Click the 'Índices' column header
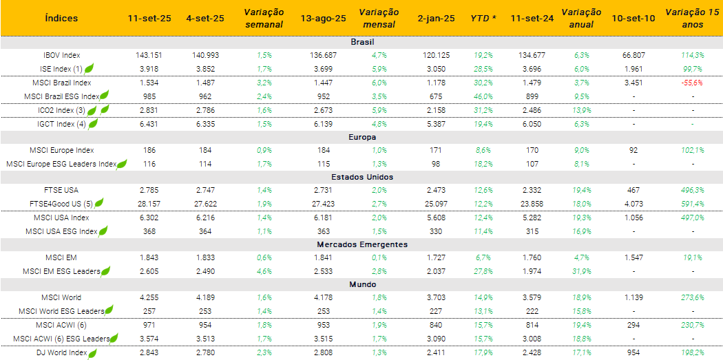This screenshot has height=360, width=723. pyautogui.click(x=61, y=18)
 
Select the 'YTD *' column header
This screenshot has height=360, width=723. pyautogui.click(x=483, y=18)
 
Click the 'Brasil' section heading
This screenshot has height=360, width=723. pyautogui.click(x=361, y=42)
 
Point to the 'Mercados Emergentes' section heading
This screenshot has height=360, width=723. pyautogui.click(x=361, y=244)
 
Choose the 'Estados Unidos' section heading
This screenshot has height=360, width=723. pyautogui.click(x=361, y=177)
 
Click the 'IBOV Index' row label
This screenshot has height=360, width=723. pyautogui.click(x=61, y=55)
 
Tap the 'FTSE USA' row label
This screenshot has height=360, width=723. pyautogui.click(x=61, y=189)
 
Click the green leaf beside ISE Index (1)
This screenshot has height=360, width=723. pyautogui.click(x=89, y=68)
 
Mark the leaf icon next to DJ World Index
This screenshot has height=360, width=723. pyautogui.click(x=92, y=353)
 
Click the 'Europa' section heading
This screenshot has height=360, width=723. pyautogui.click(x=361, y=137)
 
